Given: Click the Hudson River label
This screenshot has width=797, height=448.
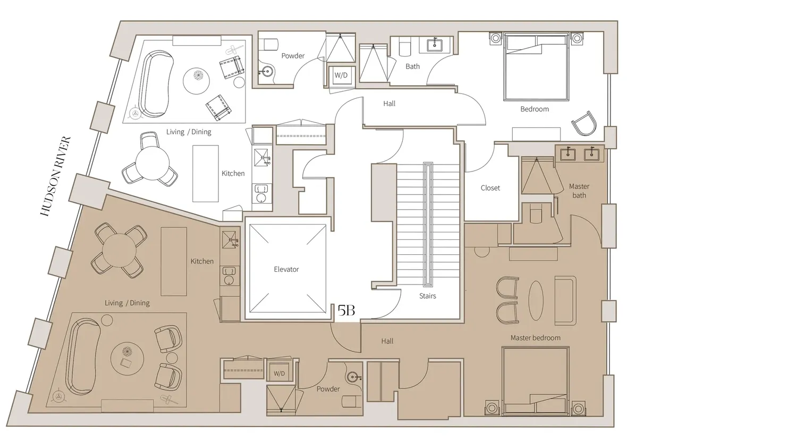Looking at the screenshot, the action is pyautogui.click(x=56, y=176).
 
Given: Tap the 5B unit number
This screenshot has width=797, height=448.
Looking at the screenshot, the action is pyautogui.click(x=346, y=311).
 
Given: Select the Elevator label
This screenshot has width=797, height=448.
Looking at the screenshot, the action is pyautogui.click(x=286, y=269).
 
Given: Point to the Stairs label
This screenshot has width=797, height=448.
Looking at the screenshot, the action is pyautogui.click(x=427, y=296).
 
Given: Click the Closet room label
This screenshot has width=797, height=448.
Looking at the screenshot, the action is pyautogui.click(x=490, y=188).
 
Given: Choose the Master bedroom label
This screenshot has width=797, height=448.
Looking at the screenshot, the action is pyautogui.click(x=536, y=338).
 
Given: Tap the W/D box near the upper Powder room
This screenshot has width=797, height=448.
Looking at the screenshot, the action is pyautogui.click(x=341, y=75).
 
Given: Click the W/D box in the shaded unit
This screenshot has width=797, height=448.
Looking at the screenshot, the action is pyautogui.click(x=279, y=373).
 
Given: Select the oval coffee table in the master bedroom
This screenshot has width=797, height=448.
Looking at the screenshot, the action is pyautogui.click(x=536, y=301).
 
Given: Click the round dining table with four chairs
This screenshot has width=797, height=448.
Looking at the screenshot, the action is pyautogui.click(x=119, y=251).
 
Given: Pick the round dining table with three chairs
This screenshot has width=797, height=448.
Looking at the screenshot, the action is pyautogui.click(x=152, y=163).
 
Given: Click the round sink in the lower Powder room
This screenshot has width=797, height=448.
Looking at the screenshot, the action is pyautogui.click(x=353, y=377).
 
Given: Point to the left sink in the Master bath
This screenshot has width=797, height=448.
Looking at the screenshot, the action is pyautogui.click(x=568, y=154).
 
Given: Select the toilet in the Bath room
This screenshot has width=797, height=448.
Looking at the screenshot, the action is pyautogui.click(x=405, y=47).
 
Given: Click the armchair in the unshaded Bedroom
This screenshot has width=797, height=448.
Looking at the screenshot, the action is pyautogui.click(x=584, y=123).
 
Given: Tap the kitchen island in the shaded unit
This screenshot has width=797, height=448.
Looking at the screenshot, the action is pyautogui.click(x=174, y=261).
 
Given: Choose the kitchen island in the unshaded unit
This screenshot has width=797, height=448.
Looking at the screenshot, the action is pyautogui.click(x=206, y=174).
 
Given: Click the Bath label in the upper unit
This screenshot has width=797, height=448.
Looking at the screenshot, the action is pyautogui.click(x=413, y=66).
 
